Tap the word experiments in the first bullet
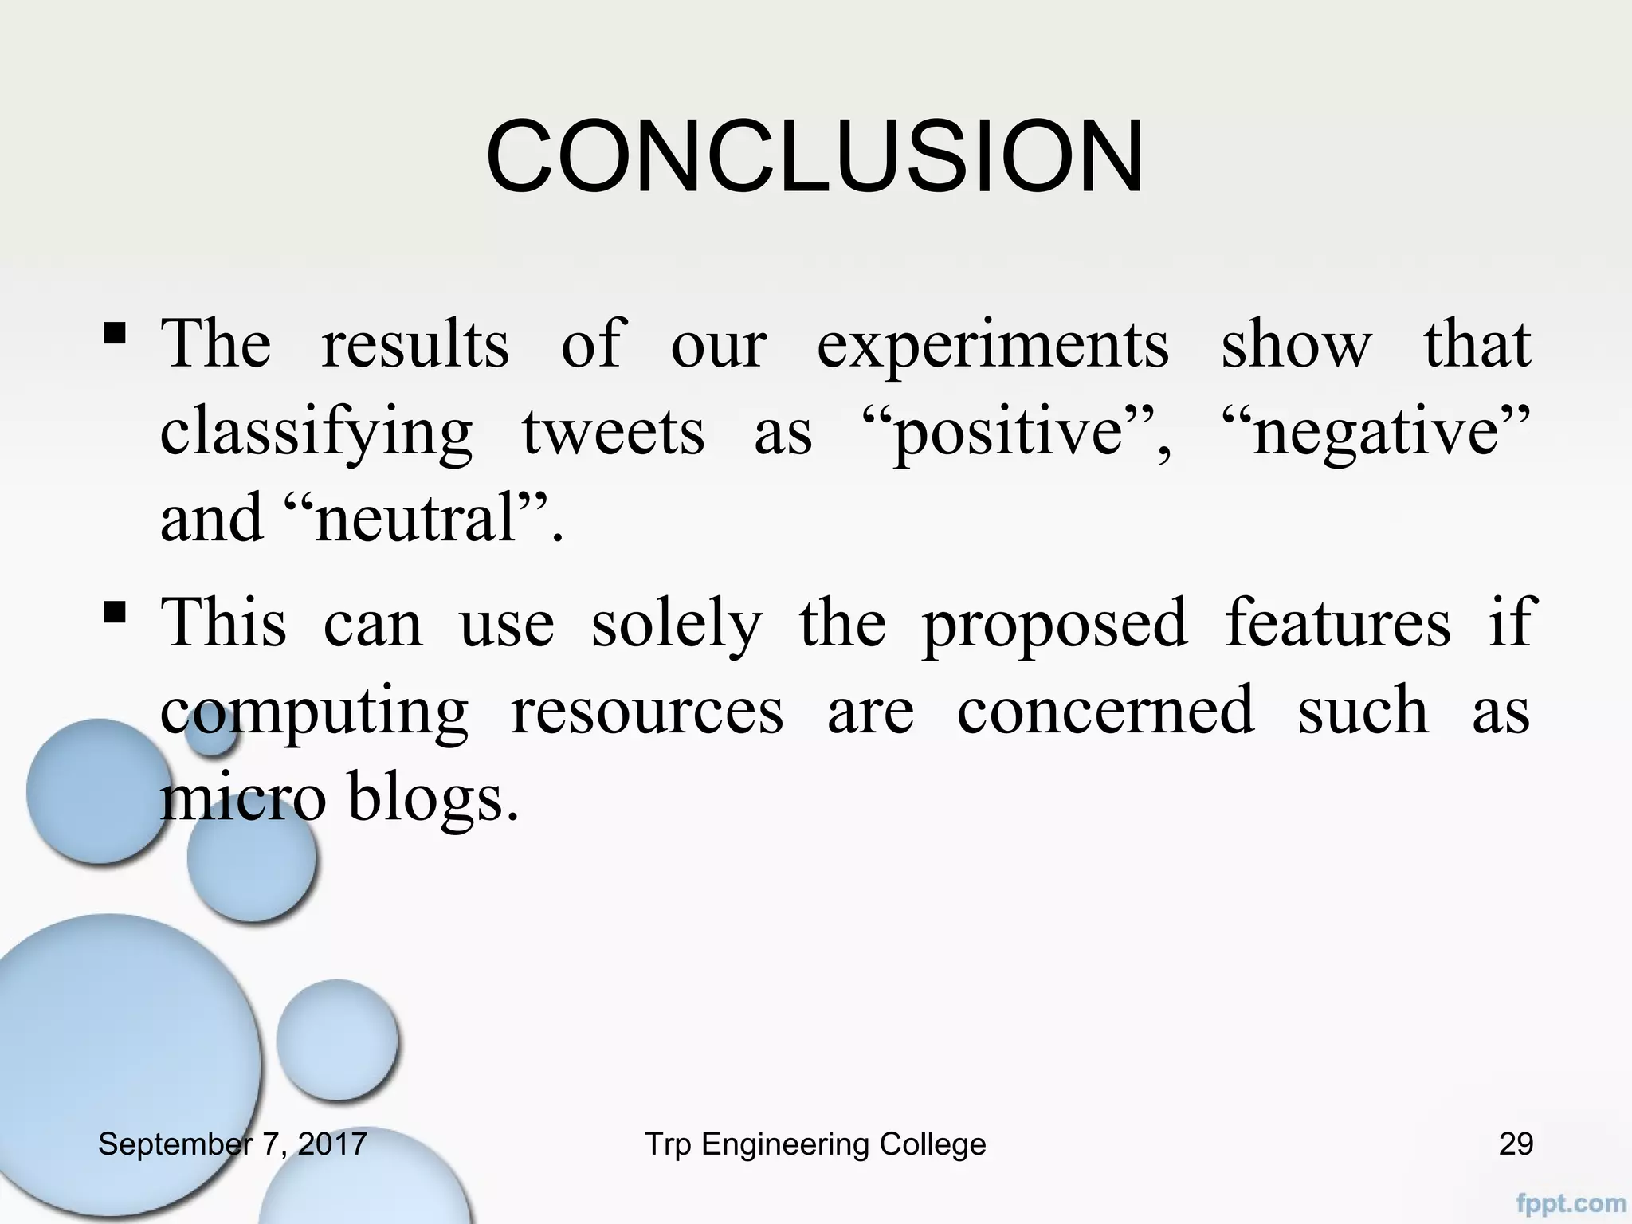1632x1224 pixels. [x=993, y=346]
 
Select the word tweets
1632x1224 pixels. [x=613, y=433]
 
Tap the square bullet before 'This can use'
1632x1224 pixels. [x=114, y=612]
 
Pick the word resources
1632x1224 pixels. [x=646, y=711]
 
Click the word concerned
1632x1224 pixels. [x=1105, y=711]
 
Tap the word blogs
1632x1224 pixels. [x=433, y=799]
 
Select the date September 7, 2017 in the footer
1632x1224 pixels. [x=232, y=1144]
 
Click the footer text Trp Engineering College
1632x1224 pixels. [x=814, y=1144]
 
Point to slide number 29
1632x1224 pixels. [x=1516, y=1144]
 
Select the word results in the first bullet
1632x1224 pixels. [x=414, y=346]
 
